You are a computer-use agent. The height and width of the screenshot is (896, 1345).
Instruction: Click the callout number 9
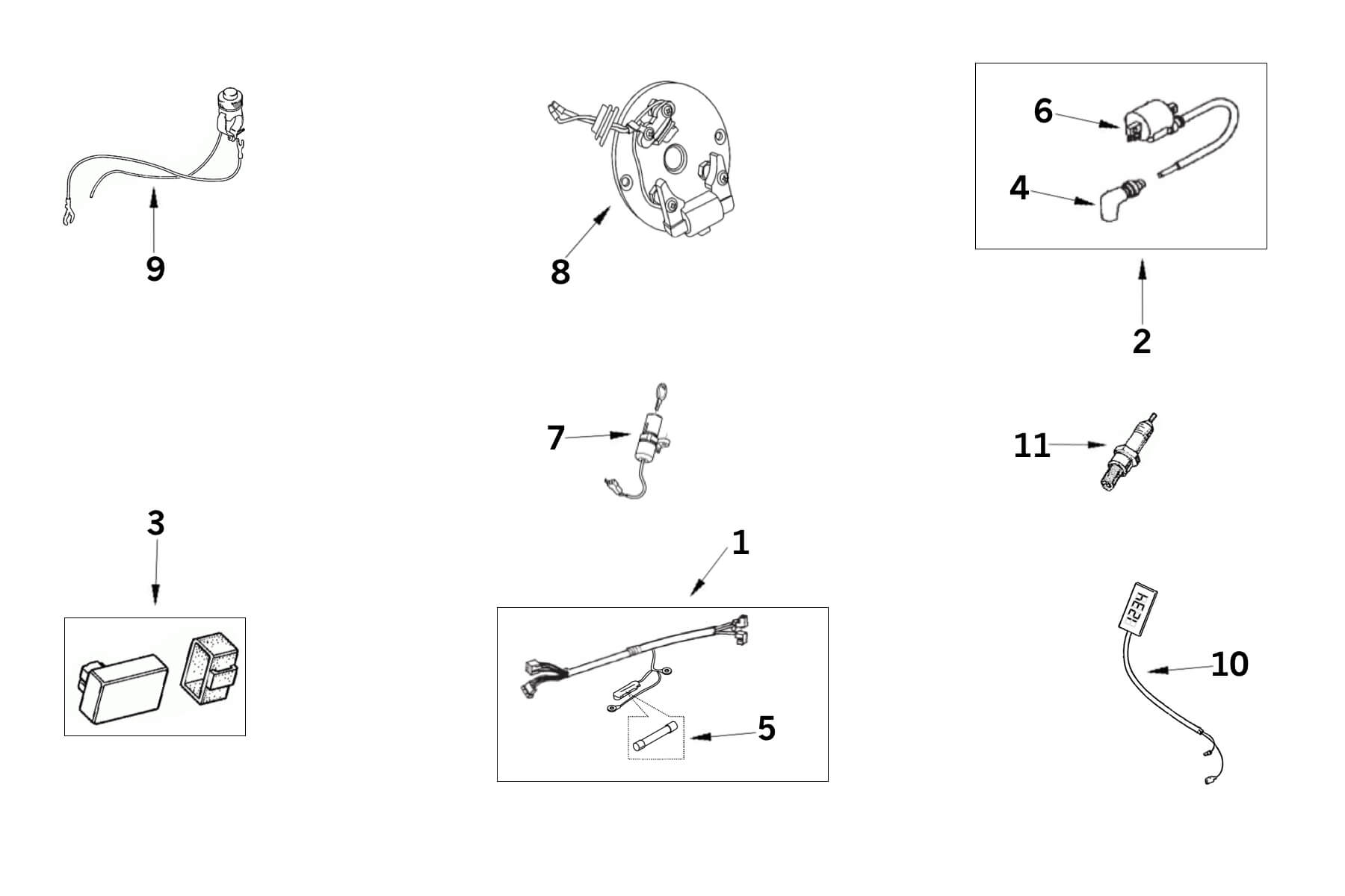155,269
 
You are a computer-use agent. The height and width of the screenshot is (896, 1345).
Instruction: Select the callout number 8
560,273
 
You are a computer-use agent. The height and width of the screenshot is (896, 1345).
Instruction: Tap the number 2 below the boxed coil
1142,341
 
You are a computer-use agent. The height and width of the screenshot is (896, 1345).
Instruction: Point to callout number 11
1031,446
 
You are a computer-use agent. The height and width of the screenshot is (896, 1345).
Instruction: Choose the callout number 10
1230,664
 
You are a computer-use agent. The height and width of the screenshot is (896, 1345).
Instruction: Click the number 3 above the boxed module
155,523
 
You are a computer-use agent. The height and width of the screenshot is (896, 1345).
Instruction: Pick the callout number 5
767,729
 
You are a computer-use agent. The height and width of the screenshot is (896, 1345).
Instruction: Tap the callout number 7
555,438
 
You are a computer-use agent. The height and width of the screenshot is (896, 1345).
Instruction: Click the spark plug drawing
1128,452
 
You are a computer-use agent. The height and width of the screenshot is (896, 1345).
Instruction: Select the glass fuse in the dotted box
656,735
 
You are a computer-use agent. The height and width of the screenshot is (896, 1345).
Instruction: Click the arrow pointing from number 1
709,571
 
